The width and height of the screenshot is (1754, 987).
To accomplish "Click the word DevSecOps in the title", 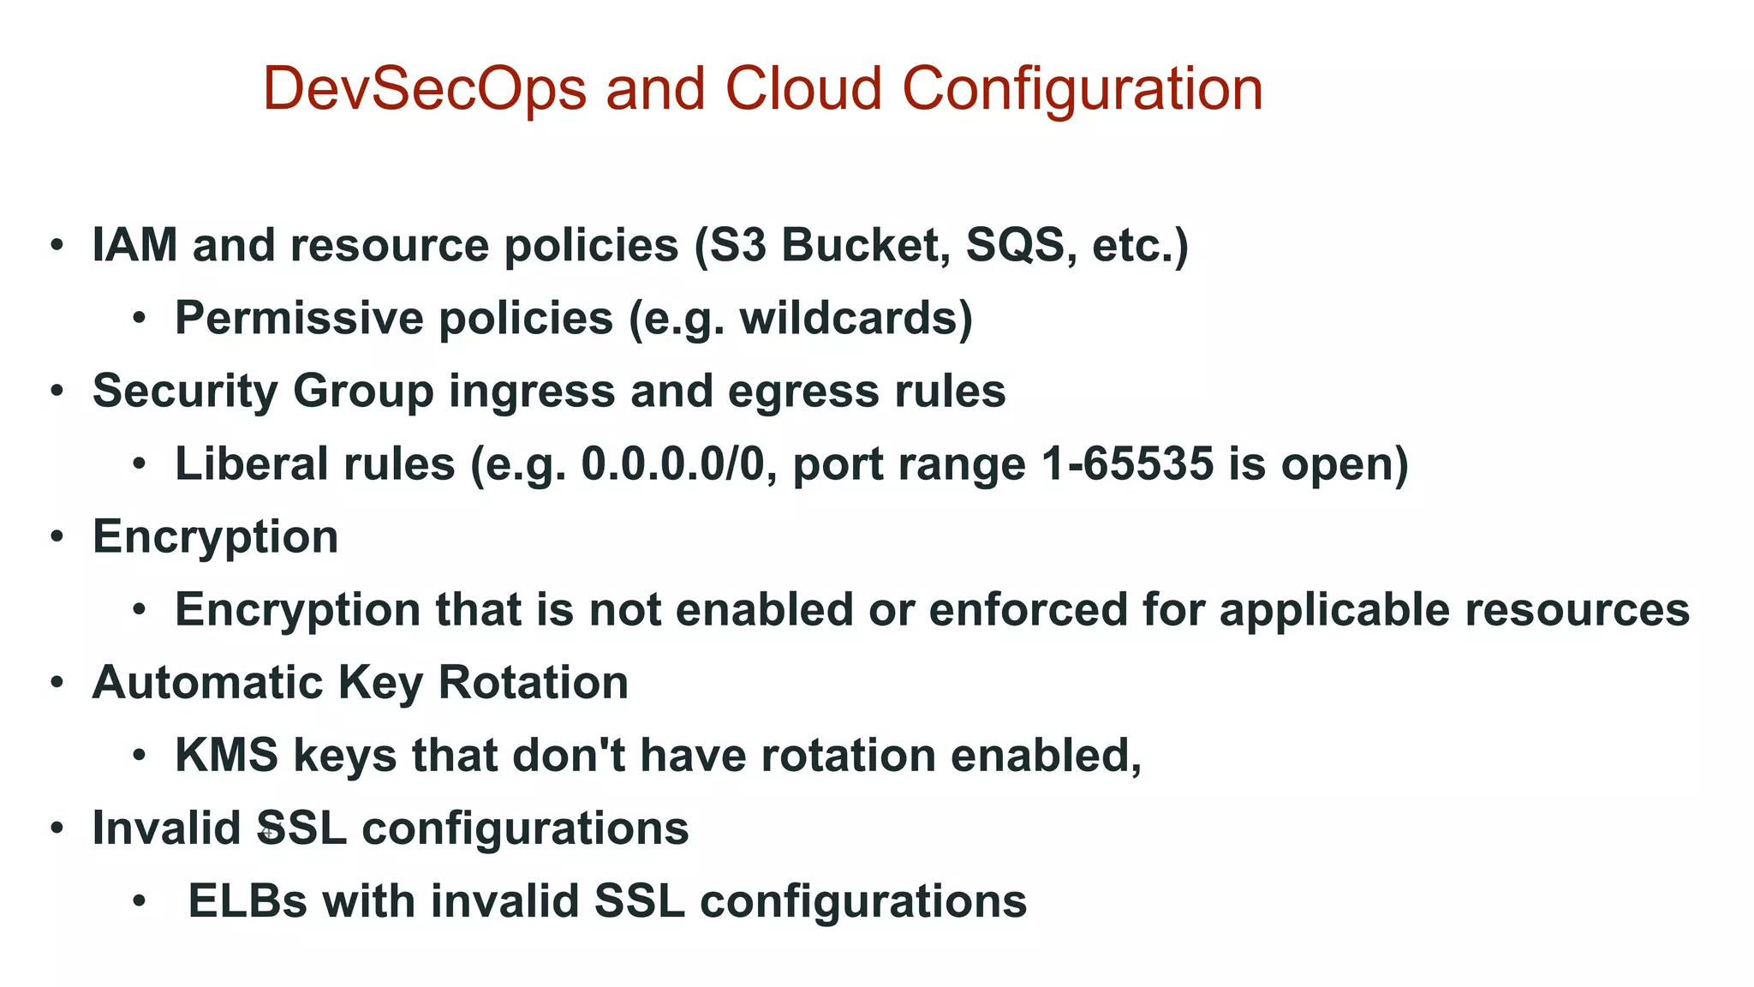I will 424,89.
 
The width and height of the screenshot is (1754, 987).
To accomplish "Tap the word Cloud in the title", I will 803,89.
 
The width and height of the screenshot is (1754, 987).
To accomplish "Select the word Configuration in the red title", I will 1083,89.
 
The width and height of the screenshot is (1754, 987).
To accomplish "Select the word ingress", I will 532,392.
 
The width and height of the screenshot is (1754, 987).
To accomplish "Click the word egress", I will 802,392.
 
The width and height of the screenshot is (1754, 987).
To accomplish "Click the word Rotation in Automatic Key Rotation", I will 533,683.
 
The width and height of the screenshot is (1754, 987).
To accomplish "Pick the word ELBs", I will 247,901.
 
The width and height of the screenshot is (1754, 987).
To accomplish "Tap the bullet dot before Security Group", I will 57,392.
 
